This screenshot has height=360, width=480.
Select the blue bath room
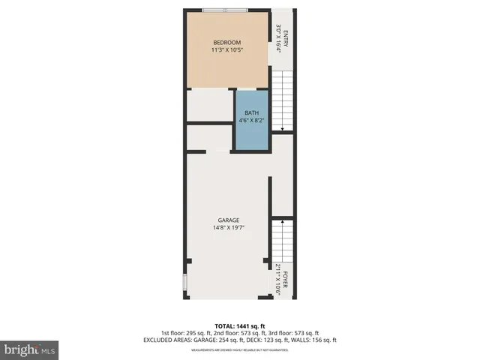coord(251,120)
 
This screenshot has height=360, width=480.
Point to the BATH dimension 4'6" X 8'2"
coord(251,120)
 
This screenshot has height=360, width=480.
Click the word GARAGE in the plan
coord(229,220)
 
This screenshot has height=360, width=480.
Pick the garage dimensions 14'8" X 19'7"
coord(229,228)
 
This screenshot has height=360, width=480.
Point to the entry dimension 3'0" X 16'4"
coord(277,37)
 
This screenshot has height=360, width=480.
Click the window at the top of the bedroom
coord(225,10)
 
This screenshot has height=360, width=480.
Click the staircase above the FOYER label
coord(282,240)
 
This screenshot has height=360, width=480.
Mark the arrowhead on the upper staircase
coord(282,130)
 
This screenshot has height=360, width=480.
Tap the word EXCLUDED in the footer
coord(160,340)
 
